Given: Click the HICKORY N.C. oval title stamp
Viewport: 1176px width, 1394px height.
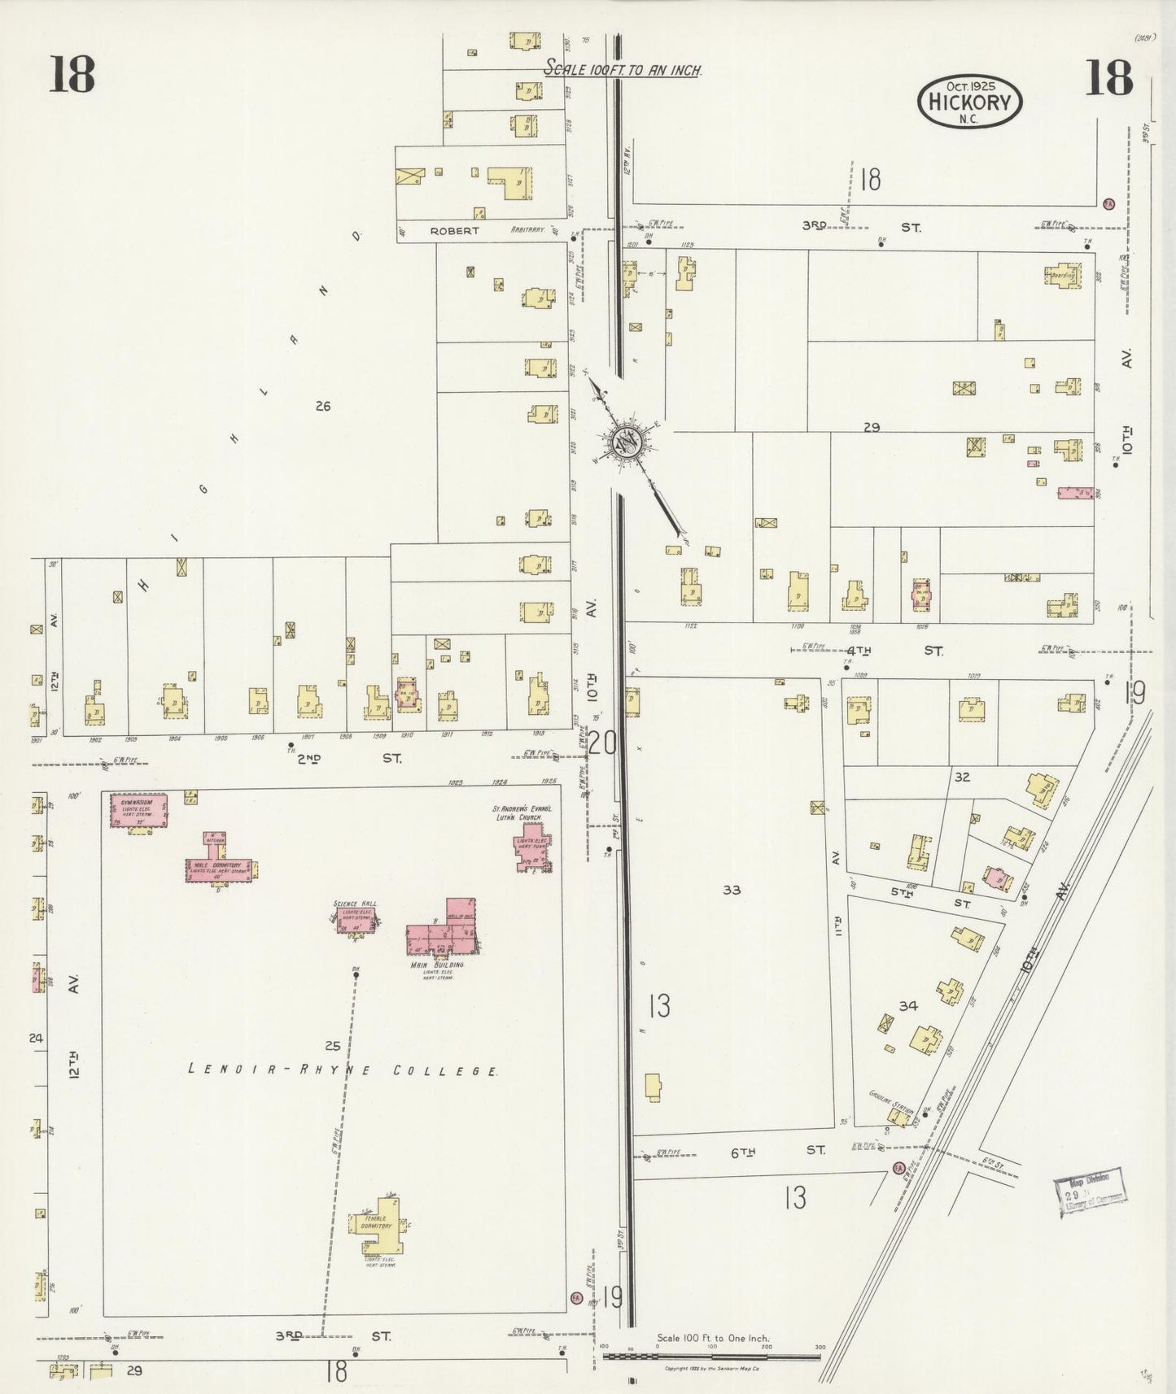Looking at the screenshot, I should click(x=969, y=102).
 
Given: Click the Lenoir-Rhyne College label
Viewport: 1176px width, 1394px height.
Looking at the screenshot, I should click(x=343, y=1070).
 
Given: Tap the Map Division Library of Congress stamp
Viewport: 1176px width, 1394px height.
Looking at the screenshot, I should click(x=1090, y=1191).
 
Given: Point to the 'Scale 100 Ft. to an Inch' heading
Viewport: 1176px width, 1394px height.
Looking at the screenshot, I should click(x=623, y=70).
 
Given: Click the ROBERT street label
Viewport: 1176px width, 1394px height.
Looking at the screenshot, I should click(x=454, y=231).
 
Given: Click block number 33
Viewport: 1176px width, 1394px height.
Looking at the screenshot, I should click(x=732, y=890).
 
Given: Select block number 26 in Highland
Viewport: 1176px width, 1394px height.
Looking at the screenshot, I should click(x=323, y=406).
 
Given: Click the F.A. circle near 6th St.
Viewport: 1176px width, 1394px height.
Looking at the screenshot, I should click(x=898, y=1168).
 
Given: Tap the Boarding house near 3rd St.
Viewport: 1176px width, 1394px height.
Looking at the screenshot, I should click(x=1063, y=274).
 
